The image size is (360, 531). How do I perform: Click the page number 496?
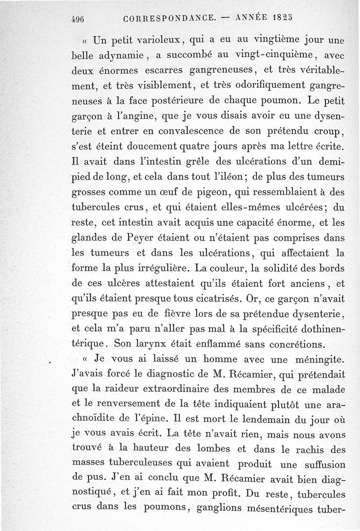[78, 20]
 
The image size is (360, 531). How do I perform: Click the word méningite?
[311, 359]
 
